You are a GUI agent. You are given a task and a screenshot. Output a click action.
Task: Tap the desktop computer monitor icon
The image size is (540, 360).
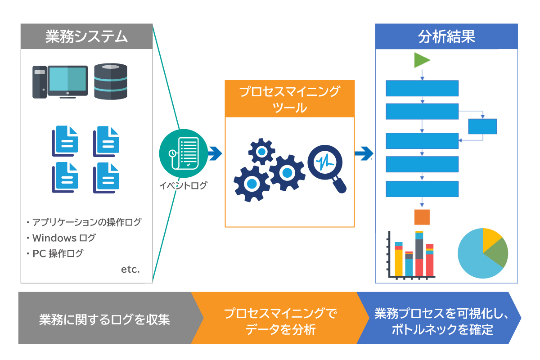(67, 81)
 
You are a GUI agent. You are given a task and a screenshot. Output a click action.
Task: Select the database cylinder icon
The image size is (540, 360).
(111, 81)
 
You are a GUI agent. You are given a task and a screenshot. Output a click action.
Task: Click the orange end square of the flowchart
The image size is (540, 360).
(422, 217)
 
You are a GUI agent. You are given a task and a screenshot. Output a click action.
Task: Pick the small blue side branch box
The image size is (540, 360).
(482, 126)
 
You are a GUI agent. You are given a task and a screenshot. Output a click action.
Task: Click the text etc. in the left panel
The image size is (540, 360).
(130, 270)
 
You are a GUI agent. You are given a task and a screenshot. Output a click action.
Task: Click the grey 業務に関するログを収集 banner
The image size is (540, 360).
(104, 319)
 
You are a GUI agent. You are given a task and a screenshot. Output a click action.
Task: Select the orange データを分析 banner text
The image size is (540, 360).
(280, 330)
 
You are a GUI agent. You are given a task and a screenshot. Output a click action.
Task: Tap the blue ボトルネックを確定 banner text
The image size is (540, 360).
(443, 330)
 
